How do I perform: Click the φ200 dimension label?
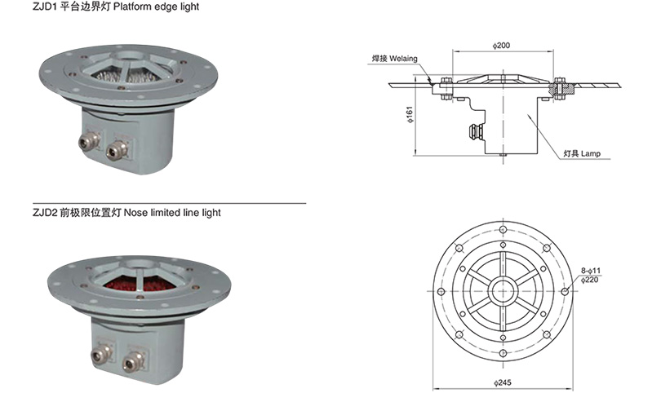(501, 45)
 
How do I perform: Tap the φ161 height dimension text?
(410, 114)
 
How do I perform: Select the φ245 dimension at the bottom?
(503, 382)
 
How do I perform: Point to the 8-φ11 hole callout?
(591, 271)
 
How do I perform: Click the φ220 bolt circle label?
(589, 280)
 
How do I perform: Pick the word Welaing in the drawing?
(403, 58)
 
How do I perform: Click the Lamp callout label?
(590, 153)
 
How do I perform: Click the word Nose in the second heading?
(135, 212)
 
